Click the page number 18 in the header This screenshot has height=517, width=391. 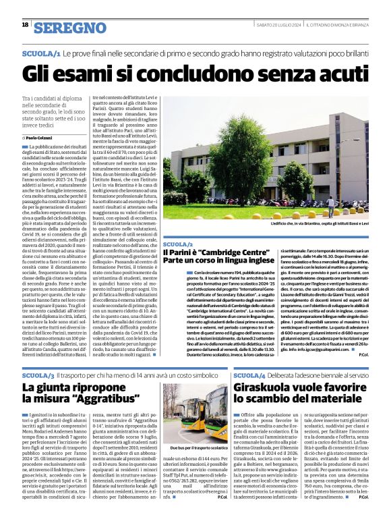(25, 25)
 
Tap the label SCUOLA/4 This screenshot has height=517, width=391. (250, 375)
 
